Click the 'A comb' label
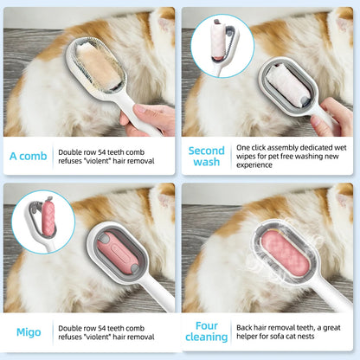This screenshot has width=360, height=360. point(28,157)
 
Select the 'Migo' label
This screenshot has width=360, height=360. point(28,332)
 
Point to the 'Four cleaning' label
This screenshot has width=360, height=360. point(207,332)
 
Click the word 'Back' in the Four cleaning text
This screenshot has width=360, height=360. point(244,326)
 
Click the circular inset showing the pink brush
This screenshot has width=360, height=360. point(42,222)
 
